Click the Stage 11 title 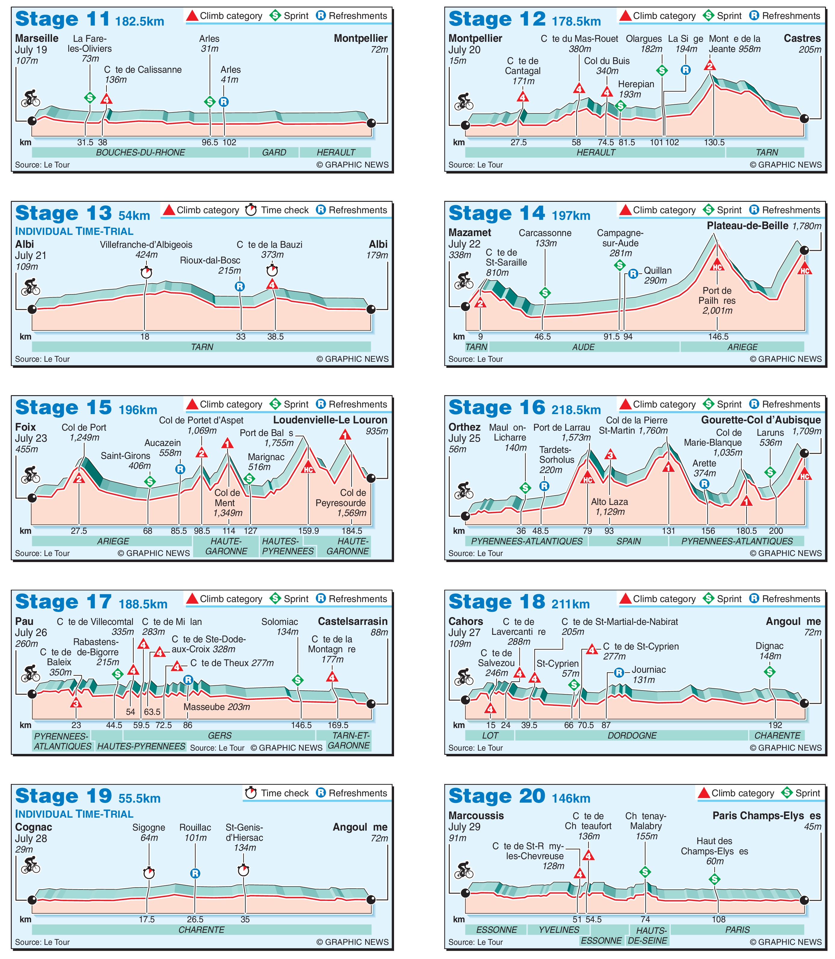click(63, 20)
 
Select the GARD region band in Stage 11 click(274, 152)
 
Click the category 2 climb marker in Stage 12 click(710, 65)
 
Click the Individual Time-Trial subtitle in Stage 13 click(74, 232)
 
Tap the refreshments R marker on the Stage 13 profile click(239, 287)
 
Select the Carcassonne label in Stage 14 click(545, 233)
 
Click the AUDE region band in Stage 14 click(583, 347)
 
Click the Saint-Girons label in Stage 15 click(125, 456)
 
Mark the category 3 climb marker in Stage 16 click(610, 455)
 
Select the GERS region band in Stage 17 click(220, 736)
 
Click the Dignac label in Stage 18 click(769, 646)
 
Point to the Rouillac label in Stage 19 click(195, 828)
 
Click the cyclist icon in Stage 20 click(464, 870)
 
